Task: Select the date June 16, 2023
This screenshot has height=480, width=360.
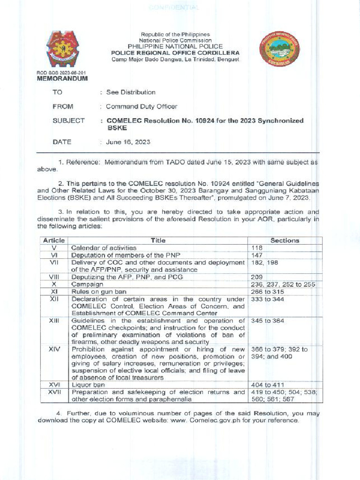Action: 128,142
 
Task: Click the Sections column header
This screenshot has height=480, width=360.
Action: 285,240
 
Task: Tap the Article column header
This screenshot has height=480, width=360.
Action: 54,240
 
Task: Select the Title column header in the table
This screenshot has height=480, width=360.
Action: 158,240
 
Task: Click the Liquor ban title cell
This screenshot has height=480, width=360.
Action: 88,384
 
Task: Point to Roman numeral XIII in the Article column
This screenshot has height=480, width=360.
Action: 54,321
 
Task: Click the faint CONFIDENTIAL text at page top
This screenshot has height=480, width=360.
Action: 173,8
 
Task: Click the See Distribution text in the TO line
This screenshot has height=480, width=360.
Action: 131,92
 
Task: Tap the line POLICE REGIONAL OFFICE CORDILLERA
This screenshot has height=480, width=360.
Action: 175,53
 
